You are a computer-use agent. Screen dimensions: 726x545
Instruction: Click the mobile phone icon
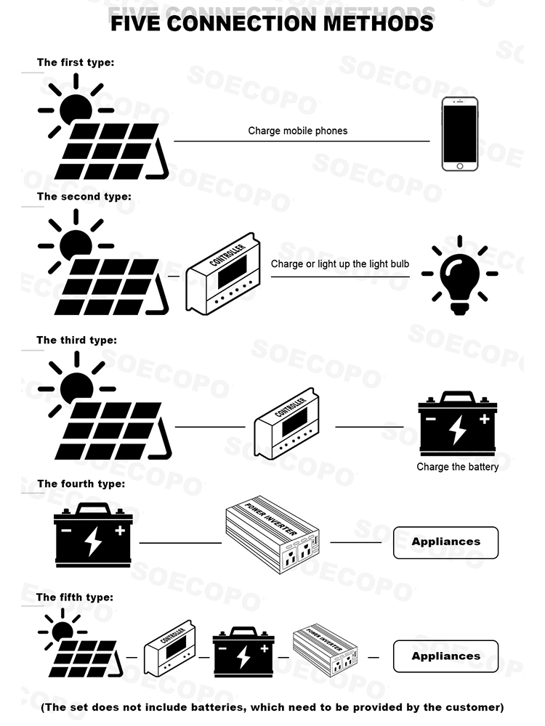click(460, 136)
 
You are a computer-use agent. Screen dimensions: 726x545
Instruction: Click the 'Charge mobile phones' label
click(298, 131)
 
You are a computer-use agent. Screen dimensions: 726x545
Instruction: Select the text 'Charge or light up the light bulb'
click(340, 264)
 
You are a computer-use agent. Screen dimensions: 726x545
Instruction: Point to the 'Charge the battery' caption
click(458, 467)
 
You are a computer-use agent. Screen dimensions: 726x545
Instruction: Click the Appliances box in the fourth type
click(446, 542)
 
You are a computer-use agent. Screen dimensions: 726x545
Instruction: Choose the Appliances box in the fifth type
click(446, 656)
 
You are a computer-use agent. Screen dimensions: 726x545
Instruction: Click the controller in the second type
click(222, 274)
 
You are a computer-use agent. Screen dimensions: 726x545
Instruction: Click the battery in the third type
click(457, 425)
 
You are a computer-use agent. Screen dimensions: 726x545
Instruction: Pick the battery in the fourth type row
click(93, 536)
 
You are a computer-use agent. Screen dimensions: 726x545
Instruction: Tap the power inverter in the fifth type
click(325, 650)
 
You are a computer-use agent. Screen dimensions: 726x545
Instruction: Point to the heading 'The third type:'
click(76, 340)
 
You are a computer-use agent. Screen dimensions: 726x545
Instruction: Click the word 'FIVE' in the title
click(136, 23)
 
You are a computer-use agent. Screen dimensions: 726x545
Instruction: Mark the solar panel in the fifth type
click(86, 652)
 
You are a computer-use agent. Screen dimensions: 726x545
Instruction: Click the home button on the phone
click(460, 166)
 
